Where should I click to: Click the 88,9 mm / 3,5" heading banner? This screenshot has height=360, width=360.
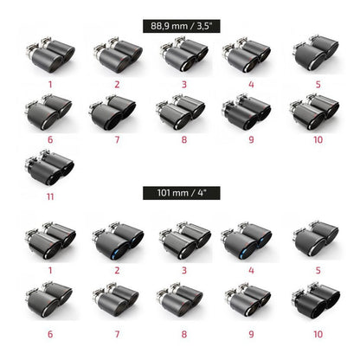(x=182, y=26)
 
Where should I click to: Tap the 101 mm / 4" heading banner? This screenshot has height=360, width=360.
(x=182, y=193)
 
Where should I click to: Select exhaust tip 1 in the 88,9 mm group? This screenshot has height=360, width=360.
(x=50, y=55)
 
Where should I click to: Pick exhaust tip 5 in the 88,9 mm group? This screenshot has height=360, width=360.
(x=316, y=53)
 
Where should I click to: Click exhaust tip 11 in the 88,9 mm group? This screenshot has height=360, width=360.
(x=49, y=167)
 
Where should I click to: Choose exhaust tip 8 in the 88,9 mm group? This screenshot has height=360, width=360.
(x=181, y=112)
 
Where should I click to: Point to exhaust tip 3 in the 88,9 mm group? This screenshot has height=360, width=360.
(x=184, y=54)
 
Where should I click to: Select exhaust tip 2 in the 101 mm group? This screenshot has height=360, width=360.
(x=118, y=241)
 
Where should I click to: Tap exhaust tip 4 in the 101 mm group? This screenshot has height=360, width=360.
(x=247, y=241)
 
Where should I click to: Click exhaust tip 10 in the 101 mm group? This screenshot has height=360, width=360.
(x=316, y=300)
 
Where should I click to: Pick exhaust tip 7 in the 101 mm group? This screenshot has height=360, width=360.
(x=115, y=300)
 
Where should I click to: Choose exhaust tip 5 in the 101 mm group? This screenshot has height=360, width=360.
(x=316, y=240)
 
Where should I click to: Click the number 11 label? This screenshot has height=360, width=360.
(x=50, y=196)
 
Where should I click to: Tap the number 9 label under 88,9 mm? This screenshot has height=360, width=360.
(x=251, y=140)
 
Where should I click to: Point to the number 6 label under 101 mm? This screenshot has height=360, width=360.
(x=50, y=334)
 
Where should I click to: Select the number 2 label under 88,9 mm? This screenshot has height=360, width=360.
(x=117, y=85)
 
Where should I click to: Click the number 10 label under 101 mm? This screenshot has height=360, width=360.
(x=318, y=334)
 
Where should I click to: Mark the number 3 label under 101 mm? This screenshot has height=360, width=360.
(x=184, y=271)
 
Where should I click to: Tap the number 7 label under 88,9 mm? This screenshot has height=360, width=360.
(x=117, y=140)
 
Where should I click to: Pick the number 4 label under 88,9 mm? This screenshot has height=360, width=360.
(x=251, y=85)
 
